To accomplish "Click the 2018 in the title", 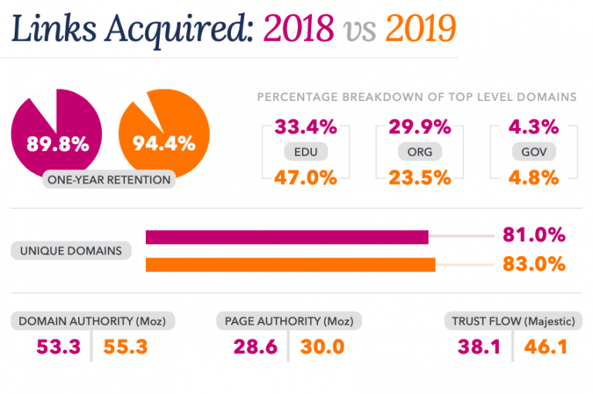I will tap(299, 29).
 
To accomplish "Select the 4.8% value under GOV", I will tap(534, 177).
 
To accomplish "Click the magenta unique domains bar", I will tap(286, 237).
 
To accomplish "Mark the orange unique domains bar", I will tap(290, 264).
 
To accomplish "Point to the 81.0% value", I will tap(534, 235).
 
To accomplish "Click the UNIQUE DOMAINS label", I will tap(71, 251).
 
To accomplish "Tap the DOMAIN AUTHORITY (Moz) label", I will tap(93, 320).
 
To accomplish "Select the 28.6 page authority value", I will tap(255, 346).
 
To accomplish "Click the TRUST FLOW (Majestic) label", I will tap(513, 320).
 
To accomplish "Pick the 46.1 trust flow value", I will tap(546, 346).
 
